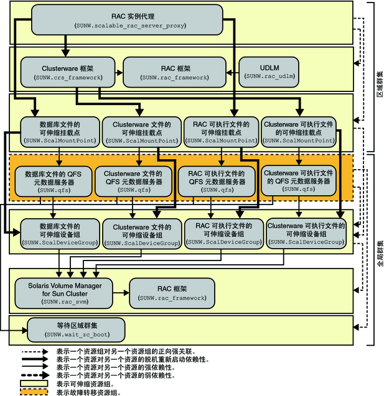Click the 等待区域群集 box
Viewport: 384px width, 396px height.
tap(76, 328)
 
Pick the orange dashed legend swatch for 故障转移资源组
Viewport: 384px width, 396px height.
tap(34, 392)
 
